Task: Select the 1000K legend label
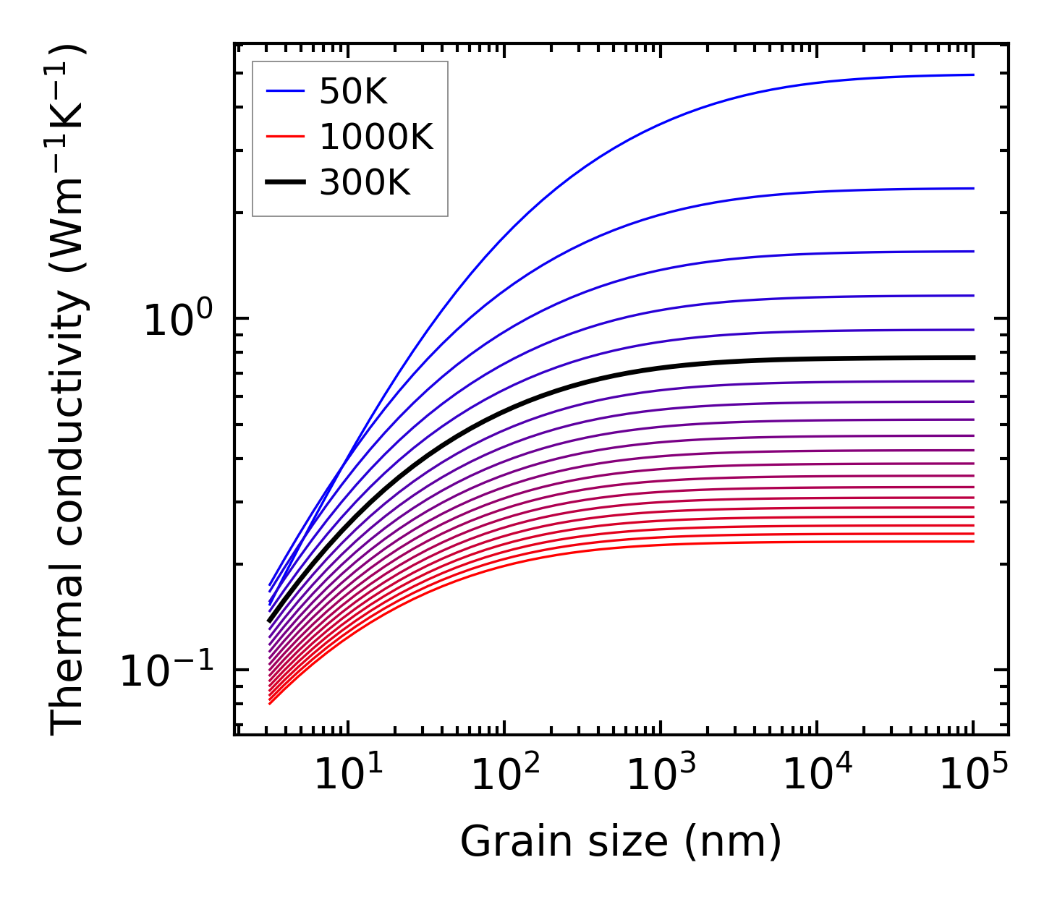point(376,137)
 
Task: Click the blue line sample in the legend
point(285,91)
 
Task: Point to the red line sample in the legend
point(285,137)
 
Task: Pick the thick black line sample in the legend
point(285,183)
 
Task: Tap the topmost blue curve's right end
point(972,74)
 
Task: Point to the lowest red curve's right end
point(972,542)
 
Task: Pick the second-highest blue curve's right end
point(972,188)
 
